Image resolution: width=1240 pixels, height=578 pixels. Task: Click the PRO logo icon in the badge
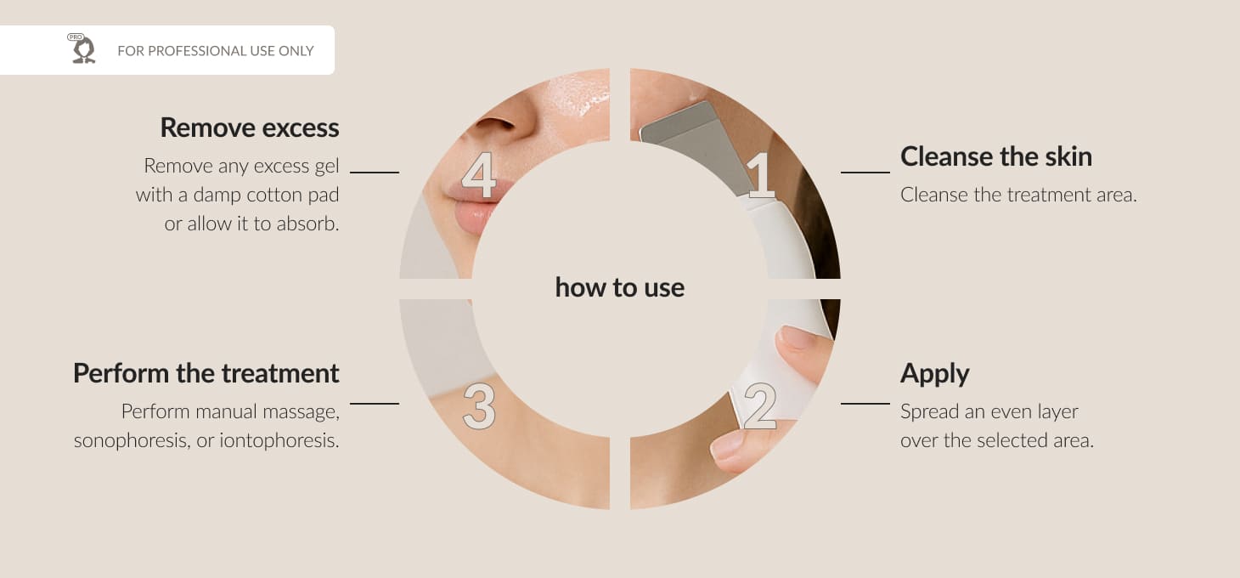(82, 48)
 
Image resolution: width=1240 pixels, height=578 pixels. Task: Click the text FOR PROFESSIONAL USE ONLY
(216, 51)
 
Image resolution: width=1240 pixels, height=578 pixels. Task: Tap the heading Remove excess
(250, 127)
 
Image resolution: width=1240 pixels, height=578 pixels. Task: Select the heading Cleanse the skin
(996, 156)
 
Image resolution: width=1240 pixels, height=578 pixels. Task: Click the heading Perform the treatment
(206, 373)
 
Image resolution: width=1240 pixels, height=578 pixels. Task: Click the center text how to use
(619, 287)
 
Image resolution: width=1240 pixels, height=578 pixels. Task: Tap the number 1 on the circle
(761, 176)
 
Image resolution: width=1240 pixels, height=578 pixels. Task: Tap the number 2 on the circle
(759, 406)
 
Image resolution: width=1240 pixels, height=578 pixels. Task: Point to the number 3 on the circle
(479, 406)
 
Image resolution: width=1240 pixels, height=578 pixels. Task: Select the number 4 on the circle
(479, 175)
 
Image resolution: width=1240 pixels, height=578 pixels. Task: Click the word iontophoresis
(279, 440)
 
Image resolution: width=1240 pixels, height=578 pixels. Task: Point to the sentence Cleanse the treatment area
(1018, 195)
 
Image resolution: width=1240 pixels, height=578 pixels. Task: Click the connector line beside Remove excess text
(375, 173)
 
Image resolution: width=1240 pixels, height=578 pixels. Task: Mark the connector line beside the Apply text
(865, 404)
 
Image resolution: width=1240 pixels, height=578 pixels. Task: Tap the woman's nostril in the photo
(494, 123)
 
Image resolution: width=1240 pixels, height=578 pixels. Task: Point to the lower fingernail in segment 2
(726, 445)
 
